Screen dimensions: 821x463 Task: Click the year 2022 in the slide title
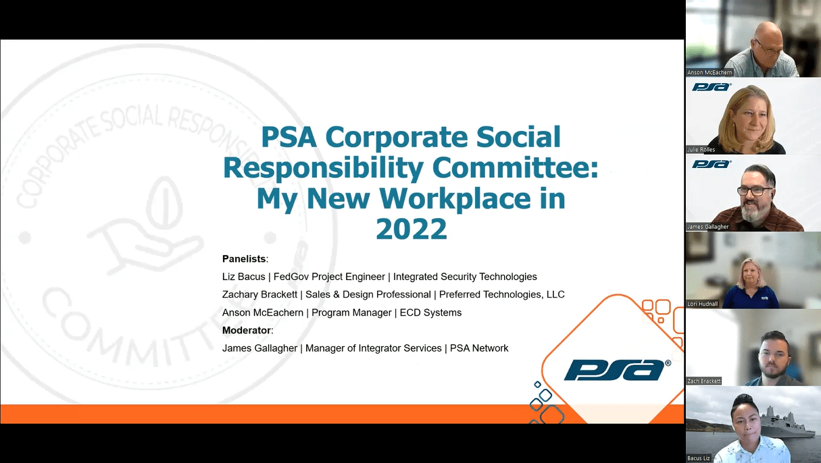(412, 229)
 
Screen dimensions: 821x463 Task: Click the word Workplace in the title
(455, 198)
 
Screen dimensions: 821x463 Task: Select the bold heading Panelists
(244, 258)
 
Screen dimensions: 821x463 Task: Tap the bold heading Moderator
(247, 330)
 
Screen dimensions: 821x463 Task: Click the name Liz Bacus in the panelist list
(243, 277)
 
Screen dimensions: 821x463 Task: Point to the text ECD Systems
(430, 312)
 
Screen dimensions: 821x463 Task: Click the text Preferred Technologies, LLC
(502, 295)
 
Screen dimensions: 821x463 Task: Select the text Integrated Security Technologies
(465, 277)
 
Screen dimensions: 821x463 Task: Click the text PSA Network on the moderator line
(479, 348)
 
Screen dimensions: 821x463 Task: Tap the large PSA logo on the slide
(617, 370)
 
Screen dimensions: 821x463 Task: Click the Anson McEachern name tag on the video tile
(710, 72)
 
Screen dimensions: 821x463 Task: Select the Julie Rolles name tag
(701, 149)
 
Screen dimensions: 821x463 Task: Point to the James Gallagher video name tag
(707, 227)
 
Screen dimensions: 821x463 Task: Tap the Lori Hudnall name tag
(702, 304)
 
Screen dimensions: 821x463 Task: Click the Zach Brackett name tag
(703, 381)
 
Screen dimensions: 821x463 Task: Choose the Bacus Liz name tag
(699, 458)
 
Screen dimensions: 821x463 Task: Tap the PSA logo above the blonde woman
(712, 87)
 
